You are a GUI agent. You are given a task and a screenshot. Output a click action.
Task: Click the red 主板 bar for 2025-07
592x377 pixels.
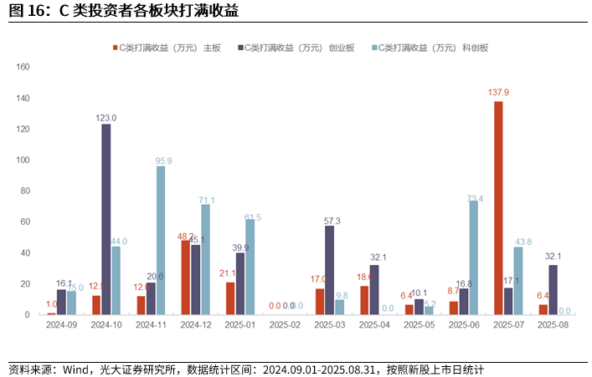tap(498, 207)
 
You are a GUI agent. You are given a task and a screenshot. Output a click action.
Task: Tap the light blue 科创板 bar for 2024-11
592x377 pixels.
tap(161, 240)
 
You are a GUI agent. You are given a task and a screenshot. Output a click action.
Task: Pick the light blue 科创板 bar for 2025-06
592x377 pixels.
tap(474, 257)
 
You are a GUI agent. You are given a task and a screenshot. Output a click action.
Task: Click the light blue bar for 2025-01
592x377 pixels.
tap(250, 267)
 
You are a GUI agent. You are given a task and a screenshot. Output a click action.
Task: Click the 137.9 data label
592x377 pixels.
tap(498, 92)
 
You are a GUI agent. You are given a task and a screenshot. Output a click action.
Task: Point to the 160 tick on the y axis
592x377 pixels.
tap(23, 67)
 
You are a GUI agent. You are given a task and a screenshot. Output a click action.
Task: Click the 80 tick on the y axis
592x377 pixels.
tap(25, 191)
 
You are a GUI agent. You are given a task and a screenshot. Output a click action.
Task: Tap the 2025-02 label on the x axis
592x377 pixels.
tap(286, 324)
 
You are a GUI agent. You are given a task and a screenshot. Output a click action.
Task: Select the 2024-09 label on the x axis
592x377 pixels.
tap(62, 324)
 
